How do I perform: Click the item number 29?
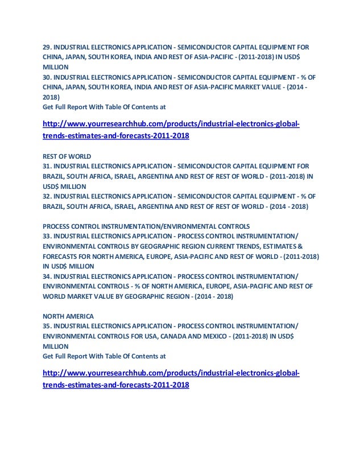pos(47,47)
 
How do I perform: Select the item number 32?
pos(47,196)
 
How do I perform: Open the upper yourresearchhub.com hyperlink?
pos(171,130)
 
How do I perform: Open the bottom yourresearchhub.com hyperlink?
pos(171,379)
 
